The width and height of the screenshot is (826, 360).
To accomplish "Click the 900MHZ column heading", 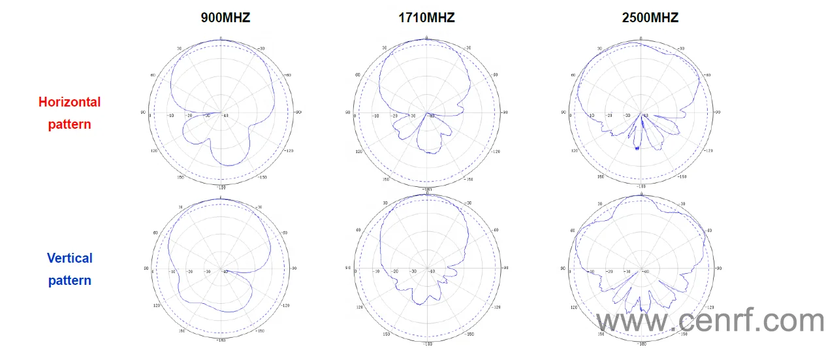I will [x=225, y=18].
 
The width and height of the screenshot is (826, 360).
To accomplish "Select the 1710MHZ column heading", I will [x=426, y=18].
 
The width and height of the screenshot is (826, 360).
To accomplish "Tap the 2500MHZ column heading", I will [x=650, y=18].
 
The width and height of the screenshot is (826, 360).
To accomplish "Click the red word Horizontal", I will [x=70, y=102].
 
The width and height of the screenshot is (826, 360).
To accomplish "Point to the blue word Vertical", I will [x=70, y=258].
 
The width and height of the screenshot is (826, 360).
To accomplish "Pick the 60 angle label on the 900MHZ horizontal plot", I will [x=153, y=75].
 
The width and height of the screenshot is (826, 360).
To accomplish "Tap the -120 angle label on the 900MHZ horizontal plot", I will [x=289, y=150].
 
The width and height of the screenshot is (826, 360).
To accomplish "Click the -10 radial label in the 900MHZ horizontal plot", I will [x=171, y=116].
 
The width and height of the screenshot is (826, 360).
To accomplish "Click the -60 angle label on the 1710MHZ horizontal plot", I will [x=495, y=75].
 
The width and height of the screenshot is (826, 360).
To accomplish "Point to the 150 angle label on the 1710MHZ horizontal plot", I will [x=385, y=178].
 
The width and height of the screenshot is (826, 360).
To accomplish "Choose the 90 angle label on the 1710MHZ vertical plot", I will [x=348, y=269].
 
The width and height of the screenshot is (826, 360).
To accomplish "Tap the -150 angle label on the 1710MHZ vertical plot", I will [x=469, y=333].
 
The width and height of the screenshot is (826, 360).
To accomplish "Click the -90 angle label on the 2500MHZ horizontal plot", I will [x=718, y=112].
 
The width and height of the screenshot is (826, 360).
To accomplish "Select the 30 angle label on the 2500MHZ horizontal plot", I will [x=599, y=48].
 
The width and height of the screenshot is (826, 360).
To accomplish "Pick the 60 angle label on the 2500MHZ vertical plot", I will [x=573, y=231].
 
